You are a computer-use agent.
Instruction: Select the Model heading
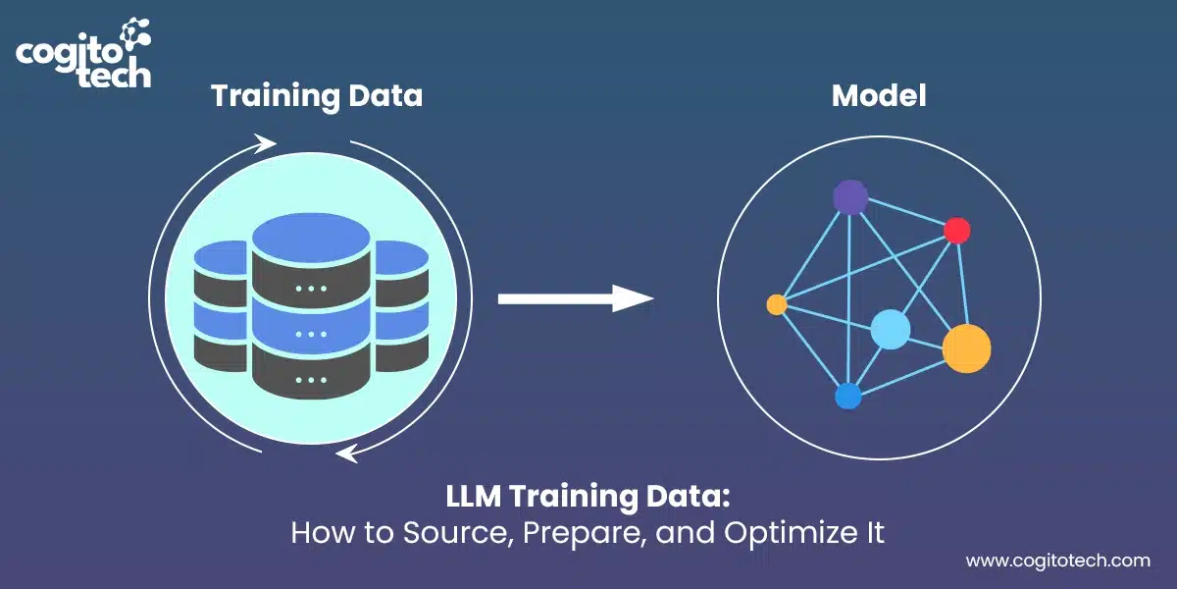(x=879, y=96)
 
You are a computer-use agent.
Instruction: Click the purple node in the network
(x=850, y=197)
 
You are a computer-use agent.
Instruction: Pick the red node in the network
(x=956, y=231)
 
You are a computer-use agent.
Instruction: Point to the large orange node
(x=966, y=348)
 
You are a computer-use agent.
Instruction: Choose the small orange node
(x=777, y=305)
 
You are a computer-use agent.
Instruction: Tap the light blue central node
(x=891, y=329)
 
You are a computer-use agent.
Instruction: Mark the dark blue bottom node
(x=847, y=396)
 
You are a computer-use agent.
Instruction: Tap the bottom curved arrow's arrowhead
(x=346, y=453)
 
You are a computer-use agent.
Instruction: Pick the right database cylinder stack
(x=400, y=304)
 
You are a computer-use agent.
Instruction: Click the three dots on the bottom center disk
(x=311, y=379)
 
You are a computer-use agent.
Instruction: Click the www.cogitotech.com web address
(x=1057, y=562)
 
